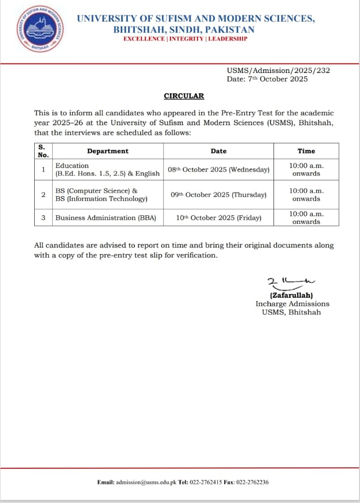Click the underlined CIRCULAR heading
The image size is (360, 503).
pos(184,96)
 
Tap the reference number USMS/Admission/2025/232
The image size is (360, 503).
pos(278,70)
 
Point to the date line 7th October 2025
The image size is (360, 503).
pos(267,79)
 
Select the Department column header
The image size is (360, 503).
pos(108,151)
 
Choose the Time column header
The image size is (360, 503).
pos(306,151)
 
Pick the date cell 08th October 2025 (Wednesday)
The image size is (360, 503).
pos(218,170)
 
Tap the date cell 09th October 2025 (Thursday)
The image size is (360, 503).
pos(218,195)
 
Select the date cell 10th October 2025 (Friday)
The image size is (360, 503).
pos(218,218)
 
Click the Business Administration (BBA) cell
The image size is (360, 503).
pos(106,218)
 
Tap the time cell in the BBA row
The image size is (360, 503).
pos(306,218)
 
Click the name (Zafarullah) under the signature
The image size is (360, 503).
pos(291,295)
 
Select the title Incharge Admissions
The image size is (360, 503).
pos(292,304)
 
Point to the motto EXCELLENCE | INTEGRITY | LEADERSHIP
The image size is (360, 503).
pos(185,39)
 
